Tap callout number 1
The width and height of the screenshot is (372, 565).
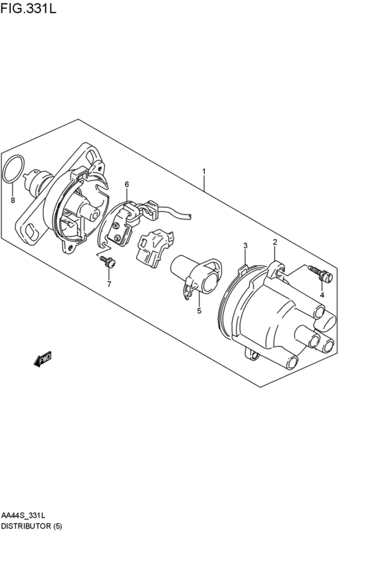pyautogui.click(x=204, y=171)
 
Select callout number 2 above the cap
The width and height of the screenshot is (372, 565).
pyautogui.click(x=274, y=243)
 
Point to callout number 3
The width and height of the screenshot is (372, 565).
pyautogui.click(x=245, y=246)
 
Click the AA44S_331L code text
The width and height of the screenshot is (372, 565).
pyautogui.click(x=24, y=515)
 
